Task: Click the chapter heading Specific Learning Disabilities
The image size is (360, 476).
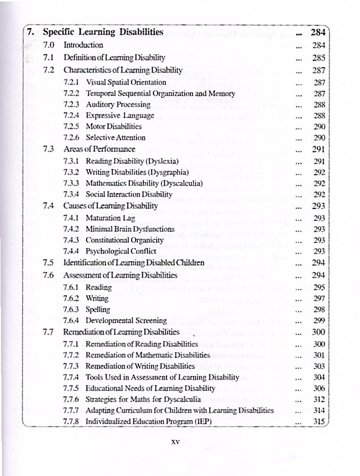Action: tap(103, 32)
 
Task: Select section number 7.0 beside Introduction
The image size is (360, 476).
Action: tap(49, 45)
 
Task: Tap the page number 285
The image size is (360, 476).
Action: tap(319, 58)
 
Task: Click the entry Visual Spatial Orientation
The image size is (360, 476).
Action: tap(125, 82)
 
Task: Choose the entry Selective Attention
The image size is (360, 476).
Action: tap(115, 137)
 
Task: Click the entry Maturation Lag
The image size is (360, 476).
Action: tap(110, 217)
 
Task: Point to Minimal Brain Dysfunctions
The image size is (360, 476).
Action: tap(130, 229)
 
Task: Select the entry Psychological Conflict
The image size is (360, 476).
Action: tap(121, 251)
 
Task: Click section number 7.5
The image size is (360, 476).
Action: tap(49, 263)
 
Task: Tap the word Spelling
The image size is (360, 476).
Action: tap(98, 309)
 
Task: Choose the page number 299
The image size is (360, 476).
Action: tap(319, 320)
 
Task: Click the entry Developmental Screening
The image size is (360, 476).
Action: tap(126, 321)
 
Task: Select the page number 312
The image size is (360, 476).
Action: tap(319, 399)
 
